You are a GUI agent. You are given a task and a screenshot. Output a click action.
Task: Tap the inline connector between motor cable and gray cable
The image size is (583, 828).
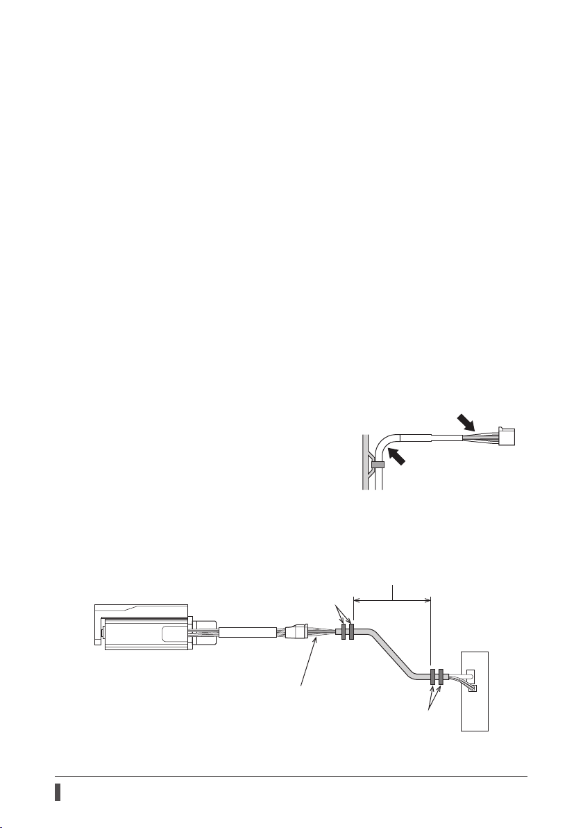pyautogui.click(x=296, y=633)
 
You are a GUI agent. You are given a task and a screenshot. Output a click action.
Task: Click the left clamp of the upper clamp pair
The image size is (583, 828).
pyautogui.click(x=344, y=632)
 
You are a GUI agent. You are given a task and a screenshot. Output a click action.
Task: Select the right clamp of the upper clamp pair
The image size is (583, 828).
pyautogui.click(x=352, y=632)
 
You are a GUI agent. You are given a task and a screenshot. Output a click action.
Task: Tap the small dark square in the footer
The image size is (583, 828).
pyautogui.click(x=59, y=793)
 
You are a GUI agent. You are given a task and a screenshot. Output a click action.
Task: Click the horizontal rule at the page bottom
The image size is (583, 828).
pyautogui.click(x=291, y=777)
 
